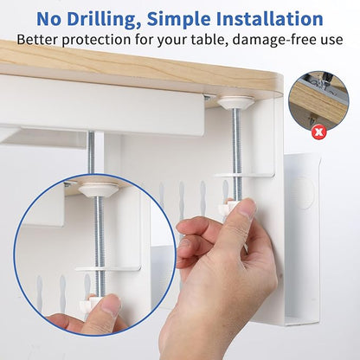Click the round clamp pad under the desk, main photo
click(235, 103)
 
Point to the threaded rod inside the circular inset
click(100, 234)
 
